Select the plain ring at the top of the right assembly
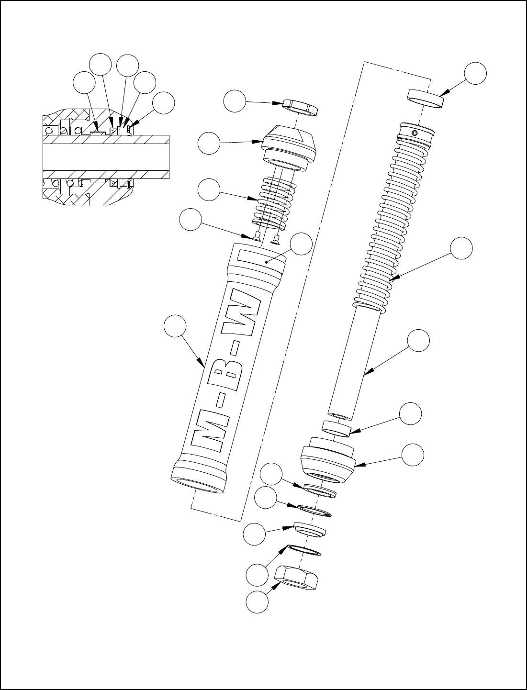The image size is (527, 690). (x=426, y=99)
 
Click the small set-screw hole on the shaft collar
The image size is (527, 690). (x=415, y=133)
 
